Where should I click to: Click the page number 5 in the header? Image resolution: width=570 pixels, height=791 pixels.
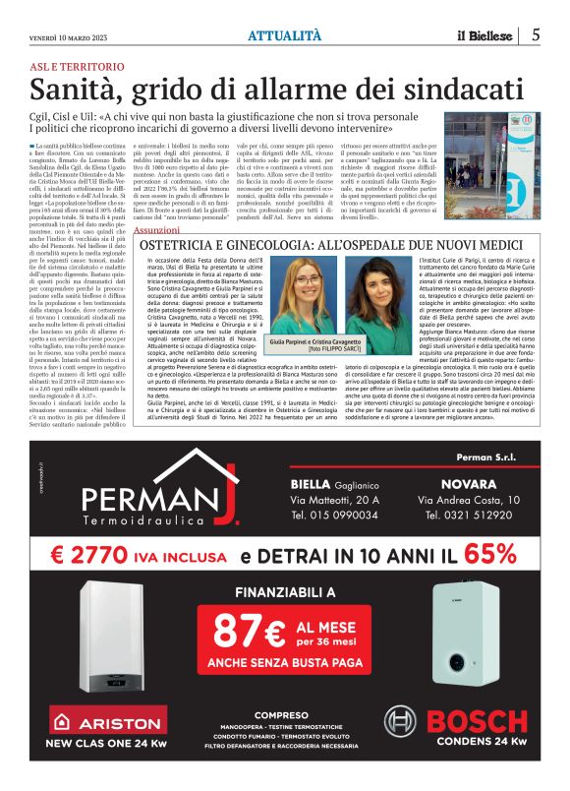(536, 33)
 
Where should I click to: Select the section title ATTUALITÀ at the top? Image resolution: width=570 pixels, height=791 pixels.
(285, 34)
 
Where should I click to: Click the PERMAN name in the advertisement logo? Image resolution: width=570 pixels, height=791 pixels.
(146, 503)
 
